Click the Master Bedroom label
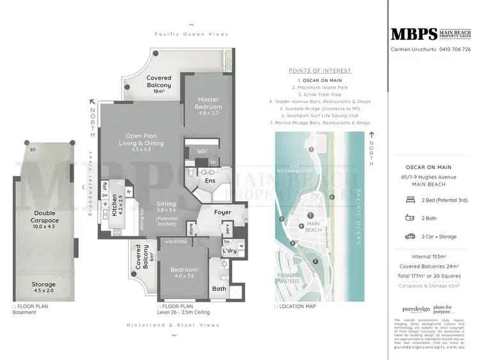pos(208,103)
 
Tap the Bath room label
pos(219,289)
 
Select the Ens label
pos(210,181)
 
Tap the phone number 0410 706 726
pos(455,49)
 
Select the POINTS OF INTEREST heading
pos(320,70)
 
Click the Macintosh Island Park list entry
pos(320,86)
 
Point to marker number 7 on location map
pos(312,149)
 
